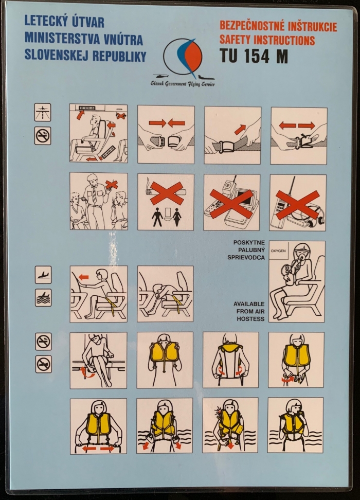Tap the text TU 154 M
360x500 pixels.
pos(254,56)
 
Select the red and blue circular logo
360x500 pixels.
pos(183,58)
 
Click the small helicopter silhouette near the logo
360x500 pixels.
pos(161,76)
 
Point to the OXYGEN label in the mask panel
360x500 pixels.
pos(278,251)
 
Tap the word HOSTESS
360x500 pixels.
pos(250,318)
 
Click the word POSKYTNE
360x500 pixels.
pos(249,243)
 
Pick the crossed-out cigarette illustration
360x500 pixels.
pos(167,192)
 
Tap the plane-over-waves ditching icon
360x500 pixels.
pos(43,298)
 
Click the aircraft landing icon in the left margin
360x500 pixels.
pos(43,275)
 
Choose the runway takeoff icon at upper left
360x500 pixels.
pos(42,112)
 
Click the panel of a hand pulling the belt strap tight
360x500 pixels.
pos(232,135)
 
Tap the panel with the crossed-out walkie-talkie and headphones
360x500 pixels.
pos(297,203)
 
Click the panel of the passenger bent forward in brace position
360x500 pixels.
pos(165,294)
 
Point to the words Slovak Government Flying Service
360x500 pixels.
pos(183,84)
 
